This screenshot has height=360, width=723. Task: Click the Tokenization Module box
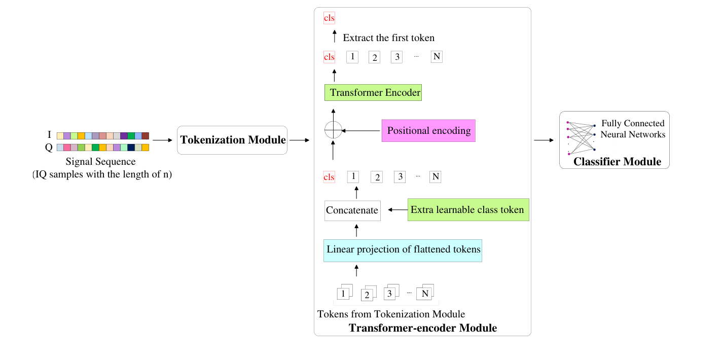232,140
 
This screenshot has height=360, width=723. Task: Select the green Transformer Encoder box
373,93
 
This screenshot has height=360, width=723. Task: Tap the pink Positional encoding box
428,131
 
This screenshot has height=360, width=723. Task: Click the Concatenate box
352,210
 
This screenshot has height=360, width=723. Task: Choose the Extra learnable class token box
468,209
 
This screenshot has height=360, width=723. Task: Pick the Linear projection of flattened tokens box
403,250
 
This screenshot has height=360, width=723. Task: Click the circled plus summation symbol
333,130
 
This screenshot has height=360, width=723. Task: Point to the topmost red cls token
329,18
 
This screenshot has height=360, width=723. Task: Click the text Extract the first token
388,38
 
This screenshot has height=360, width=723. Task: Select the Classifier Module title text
617,162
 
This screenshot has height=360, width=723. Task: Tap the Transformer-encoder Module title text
422,328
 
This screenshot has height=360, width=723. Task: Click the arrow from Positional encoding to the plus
361,131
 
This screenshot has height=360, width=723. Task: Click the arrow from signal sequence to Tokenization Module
163,140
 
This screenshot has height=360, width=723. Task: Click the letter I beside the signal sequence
49,135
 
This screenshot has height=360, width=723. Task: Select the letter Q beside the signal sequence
49,148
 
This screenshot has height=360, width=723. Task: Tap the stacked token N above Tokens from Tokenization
425,293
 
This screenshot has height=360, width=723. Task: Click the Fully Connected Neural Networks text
633,129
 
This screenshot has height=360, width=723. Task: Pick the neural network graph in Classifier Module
581,137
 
